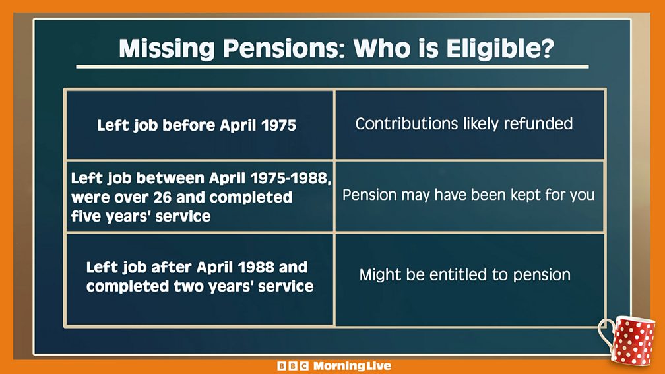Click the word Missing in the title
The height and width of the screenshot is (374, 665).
pyautogui.click(x=167, y=49)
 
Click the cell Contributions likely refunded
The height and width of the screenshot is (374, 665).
pyautogui.click(x=470, y=125)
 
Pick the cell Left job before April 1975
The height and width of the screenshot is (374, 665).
pyautogui.click(x=200, y=125)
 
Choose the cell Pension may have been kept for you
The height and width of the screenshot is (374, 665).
pyautogui.click(x=470, y=196)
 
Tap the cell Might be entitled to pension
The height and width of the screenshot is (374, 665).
pyautogui.click(x=470, y=280)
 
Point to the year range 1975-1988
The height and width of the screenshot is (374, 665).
pyautogui.click(x=290, y=178)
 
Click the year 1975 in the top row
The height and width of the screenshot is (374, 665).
pyautogui.click(x=278, y=125)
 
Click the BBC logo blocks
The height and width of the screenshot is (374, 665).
pyautogui.click(x=293, y=366)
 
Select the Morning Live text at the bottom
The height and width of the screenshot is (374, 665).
pyautogui.click(x=352, y=366)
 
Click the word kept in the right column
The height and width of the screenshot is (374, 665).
pyautogui.click(x=525, y=195)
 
